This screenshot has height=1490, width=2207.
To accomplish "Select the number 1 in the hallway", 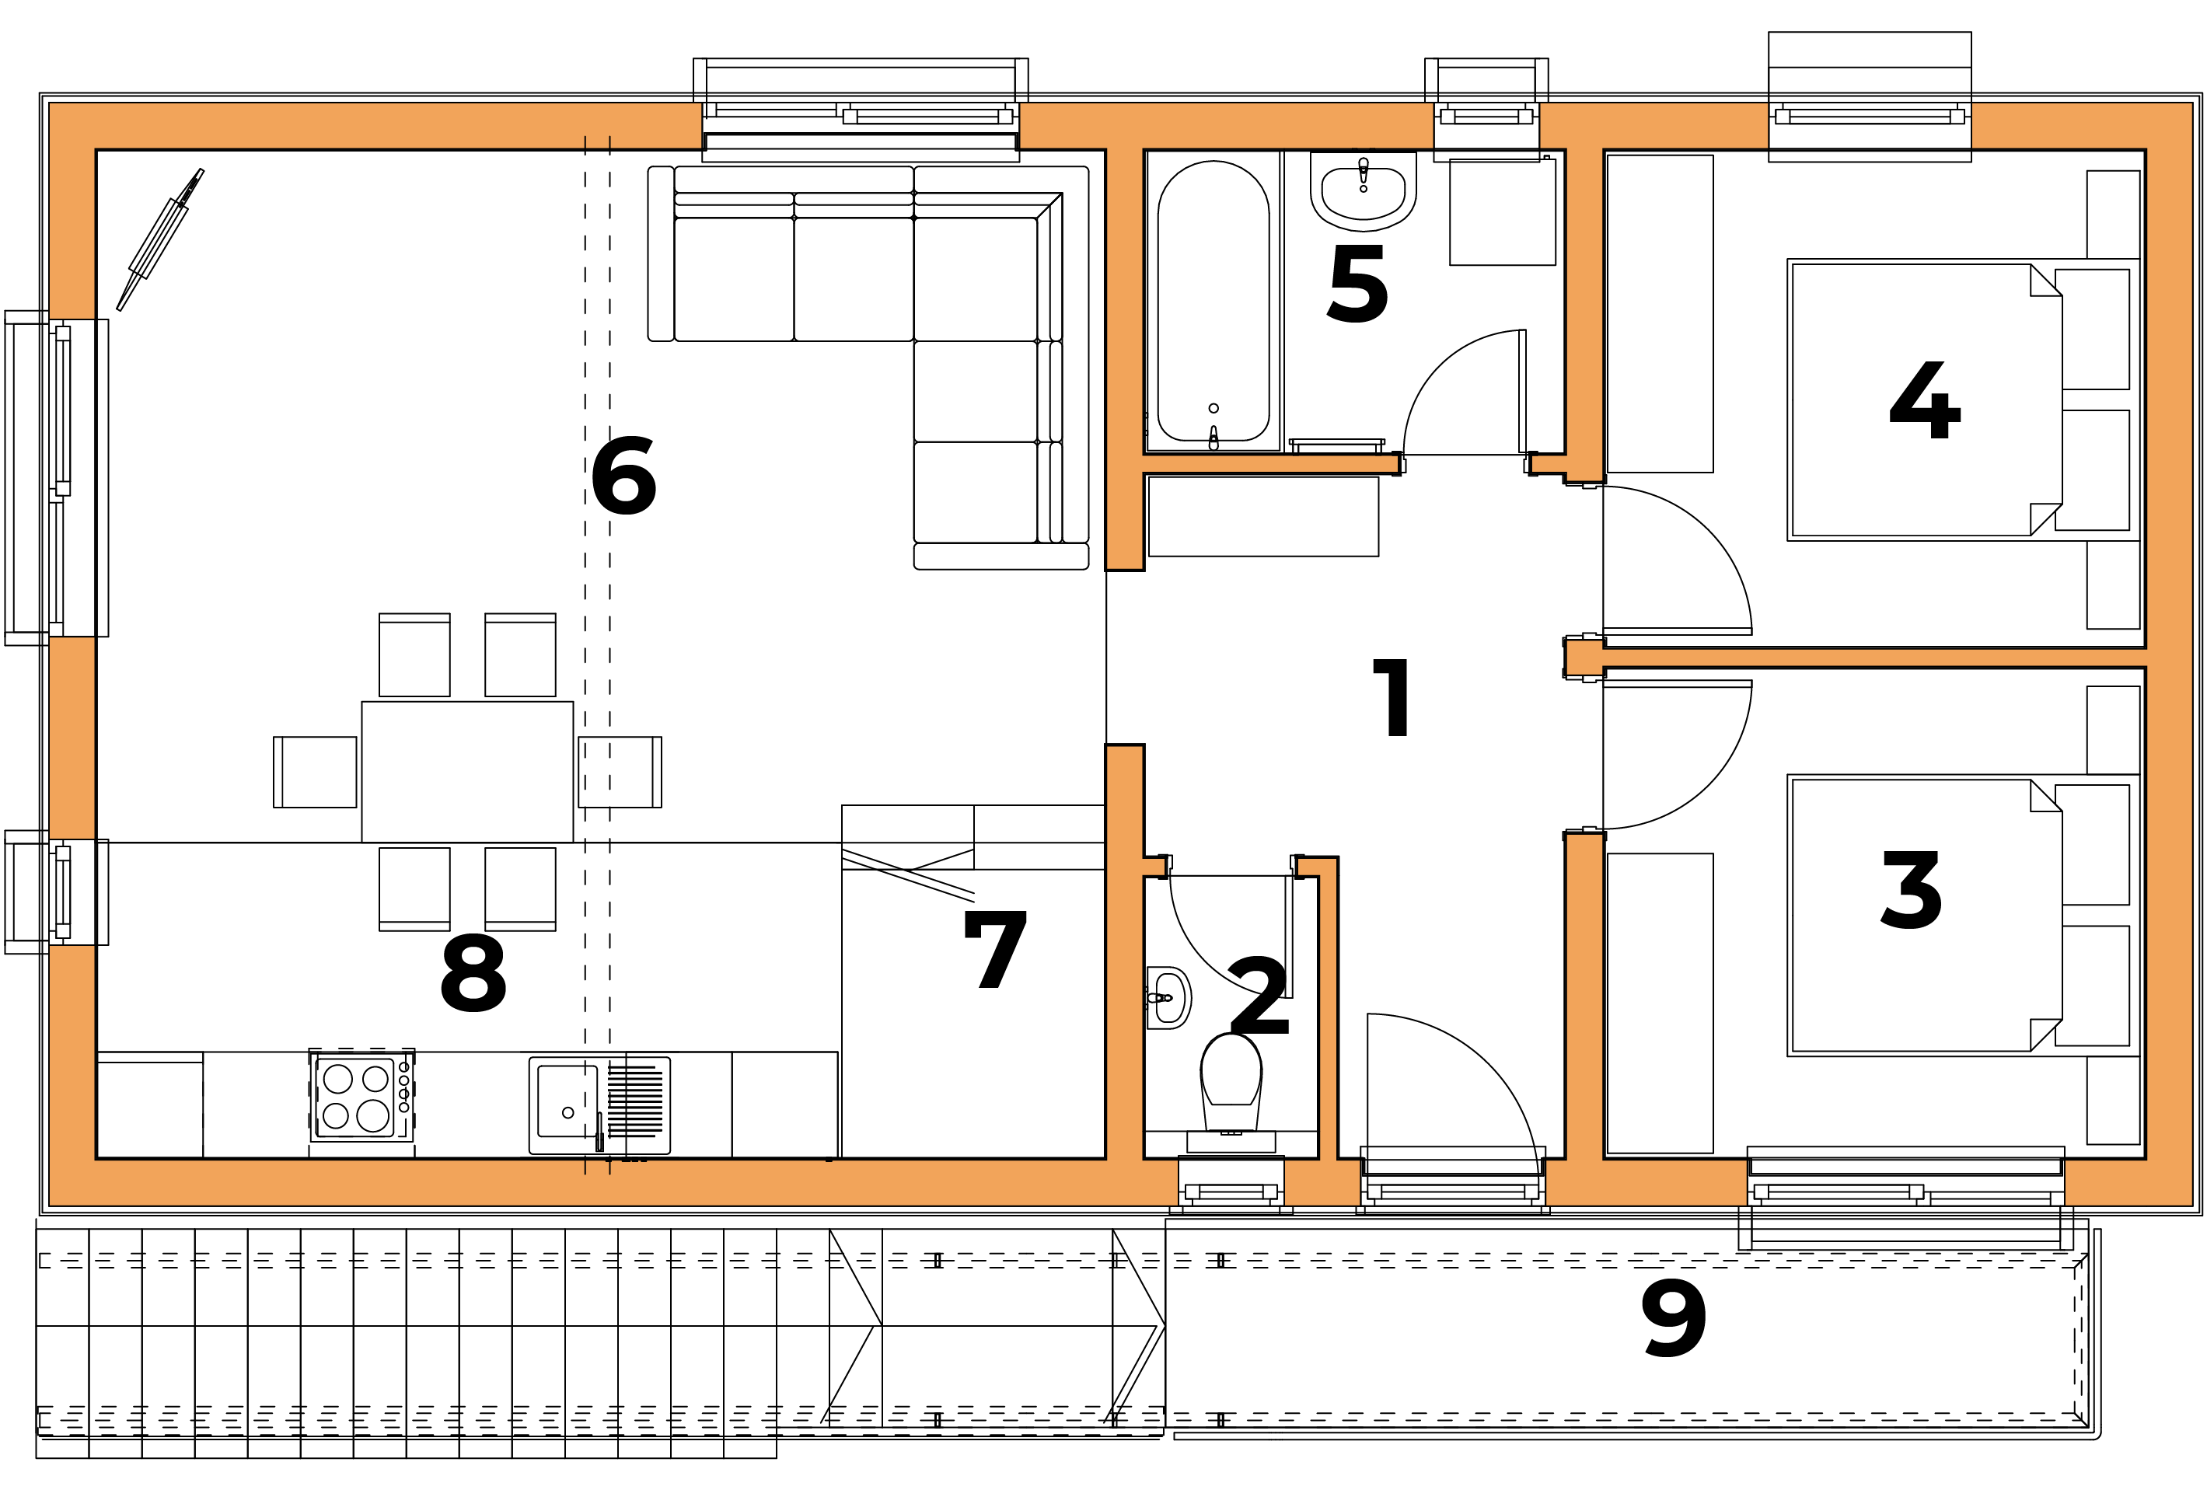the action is pos(1392,698).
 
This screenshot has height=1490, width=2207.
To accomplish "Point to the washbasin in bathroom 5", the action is pos(1363,193).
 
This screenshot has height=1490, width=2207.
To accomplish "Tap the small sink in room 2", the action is pos(1169,998).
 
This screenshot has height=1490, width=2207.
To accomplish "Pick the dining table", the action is pos(467,772).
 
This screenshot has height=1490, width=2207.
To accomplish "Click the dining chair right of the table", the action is pos(620,772).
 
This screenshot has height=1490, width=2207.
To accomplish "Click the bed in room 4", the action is pos(1963,400).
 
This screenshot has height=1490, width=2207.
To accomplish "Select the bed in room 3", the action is pos(1963,916).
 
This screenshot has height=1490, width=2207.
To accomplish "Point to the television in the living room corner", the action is pos(159,239).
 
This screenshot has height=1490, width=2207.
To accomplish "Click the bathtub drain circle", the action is pos(1214,408).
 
